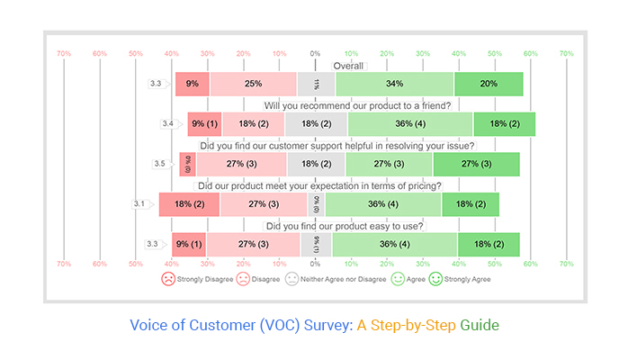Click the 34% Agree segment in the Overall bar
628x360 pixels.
(394, 84)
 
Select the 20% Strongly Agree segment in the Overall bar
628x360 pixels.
(489, 84)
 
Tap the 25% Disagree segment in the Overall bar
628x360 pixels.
(253, 84)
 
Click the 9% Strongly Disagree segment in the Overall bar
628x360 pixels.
(193, 84)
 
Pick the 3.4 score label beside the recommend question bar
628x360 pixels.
(167, 123)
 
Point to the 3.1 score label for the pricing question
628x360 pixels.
(139, 204)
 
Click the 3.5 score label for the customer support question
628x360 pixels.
(159, 164)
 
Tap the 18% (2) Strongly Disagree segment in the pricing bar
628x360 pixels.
(190, 204)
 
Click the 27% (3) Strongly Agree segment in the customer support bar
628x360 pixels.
(476, 164)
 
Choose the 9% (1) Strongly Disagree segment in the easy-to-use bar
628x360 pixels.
(190, 244)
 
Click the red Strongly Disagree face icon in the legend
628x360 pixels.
(167, 279)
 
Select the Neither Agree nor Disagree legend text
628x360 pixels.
(338, 279)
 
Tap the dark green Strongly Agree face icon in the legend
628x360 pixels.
(437, 279)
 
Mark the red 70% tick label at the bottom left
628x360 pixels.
(64, 265)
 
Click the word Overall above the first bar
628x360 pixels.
(348, 66)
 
